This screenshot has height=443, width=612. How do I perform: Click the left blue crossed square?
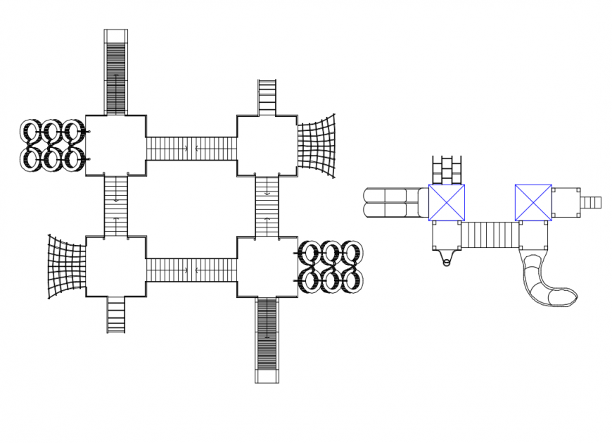tap(446, 202)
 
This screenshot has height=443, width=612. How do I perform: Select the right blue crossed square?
tap(533, 202)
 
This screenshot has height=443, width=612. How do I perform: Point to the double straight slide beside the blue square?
tap(395, 202)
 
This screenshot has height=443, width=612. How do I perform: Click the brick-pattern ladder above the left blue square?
tap(446, 170)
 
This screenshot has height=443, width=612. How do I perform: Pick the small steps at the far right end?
tap(590, 202)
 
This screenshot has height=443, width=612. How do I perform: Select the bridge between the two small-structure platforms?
tap(490, 235)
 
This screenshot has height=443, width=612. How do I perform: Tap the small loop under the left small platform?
tap(446, 262)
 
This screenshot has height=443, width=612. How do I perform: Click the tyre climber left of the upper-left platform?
tap(53, 145)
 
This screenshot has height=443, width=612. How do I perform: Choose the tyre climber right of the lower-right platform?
tap(331, 267)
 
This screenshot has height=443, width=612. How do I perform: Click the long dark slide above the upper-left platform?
tap(115, 74)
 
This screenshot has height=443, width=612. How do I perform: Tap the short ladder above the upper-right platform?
tap(267, 97)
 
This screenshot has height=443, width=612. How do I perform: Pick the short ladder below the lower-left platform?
tap(116, 314)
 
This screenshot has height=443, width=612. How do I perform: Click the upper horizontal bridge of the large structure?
tap(191, 149)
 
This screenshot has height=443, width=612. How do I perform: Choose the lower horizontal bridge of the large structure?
tap(191, 269)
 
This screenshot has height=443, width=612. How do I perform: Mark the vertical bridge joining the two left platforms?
tap(116, 206)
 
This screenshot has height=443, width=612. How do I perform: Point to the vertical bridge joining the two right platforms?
tap(267, 206)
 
